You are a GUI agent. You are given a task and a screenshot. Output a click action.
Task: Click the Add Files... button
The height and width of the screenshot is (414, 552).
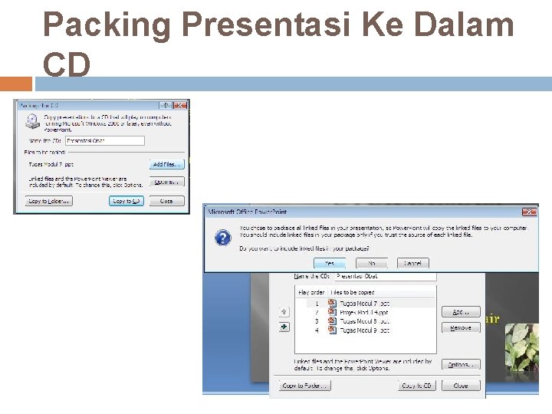[x=166, y=164]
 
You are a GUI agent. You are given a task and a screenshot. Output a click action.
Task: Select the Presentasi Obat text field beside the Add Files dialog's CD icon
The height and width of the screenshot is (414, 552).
[x=105, y=140]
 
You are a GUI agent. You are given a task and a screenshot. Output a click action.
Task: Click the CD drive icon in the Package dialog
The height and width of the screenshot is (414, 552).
[x=34, y=121]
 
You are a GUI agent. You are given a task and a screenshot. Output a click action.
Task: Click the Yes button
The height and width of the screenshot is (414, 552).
[x=330, y=263]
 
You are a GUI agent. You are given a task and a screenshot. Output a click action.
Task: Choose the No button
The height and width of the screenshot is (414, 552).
[x=371, y=263]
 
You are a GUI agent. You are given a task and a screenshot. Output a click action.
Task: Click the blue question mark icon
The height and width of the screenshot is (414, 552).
[x=222, y=238]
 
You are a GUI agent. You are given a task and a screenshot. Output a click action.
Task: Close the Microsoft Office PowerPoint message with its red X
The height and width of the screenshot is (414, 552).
[x=529, y=212]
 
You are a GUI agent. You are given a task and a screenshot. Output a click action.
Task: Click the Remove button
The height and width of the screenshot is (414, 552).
[x=461, y=327]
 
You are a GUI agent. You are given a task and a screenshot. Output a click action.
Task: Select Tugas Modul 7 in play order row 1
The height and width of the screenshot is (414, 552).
[x=359, y=303]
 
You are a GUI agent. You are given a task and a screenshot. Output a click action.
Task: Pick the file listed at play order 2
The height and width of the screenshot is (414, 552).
[x=359, y=312]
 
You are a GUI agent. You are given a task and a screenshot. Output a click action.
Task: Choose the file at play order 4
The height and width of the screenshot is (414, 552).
[x=359, y=330]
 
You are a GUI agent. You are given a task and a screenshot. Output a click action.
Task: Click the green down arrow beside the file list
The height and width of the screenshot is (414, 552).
[x=284, y=326]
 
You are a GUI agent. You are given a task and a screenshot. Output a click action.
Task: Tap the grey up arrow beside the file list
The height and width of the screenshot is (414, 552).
[x=284, y=311]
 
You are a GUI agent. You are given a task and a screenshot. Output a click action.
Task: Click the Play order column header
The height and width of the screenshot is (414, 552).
[x=311, y=292]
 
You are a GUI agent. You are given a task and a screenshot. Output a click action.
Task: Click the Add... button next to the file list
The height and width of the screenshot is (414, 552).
[x=461, y=312]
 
